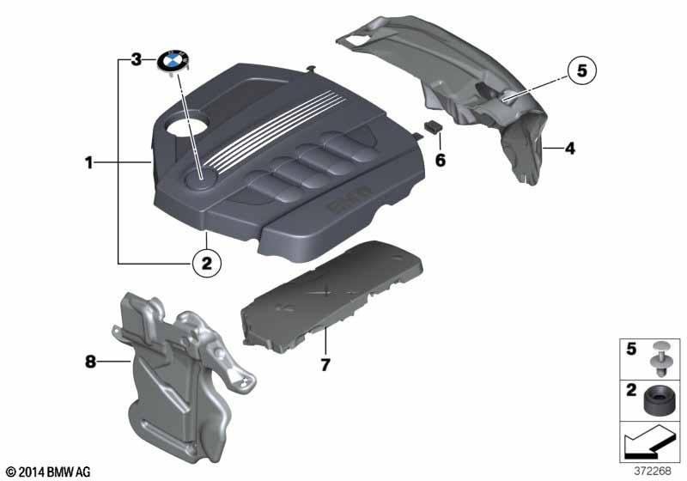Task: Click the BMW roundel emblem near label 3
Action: [173, 61]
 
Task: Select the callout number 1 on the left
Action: [88, 161]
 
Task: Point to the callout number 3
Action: [136, 60]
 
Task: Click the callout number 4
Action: [568, 149]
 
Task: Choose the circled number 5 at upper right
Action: [580, 72]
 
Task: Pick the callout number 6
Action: [440, 160]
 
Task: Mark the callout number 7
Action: [325, 365]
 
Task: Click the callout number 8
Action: [90, 362]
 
